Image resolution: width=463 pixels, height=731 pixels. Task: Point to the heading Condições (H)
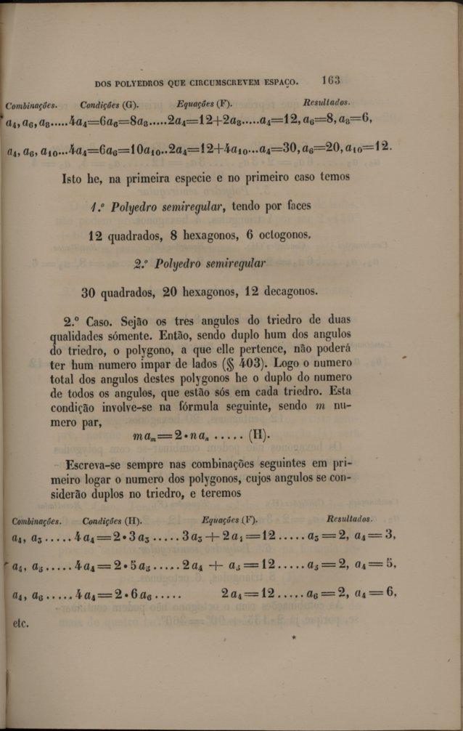click(112, 521)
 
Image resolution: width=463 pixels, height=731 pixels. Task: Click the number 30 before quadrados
click(89, 292)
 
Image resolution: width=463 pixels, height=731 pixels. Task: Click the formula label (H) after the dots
click(258, 435)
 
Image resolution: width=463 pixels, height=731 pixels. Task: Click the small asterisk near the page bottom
click(294, 638)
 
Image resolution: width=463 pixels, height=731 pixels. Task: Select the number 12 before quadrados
click(95, 235)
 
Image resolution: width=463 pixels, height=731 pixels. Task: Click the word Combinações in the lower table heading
click(37, 521)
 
